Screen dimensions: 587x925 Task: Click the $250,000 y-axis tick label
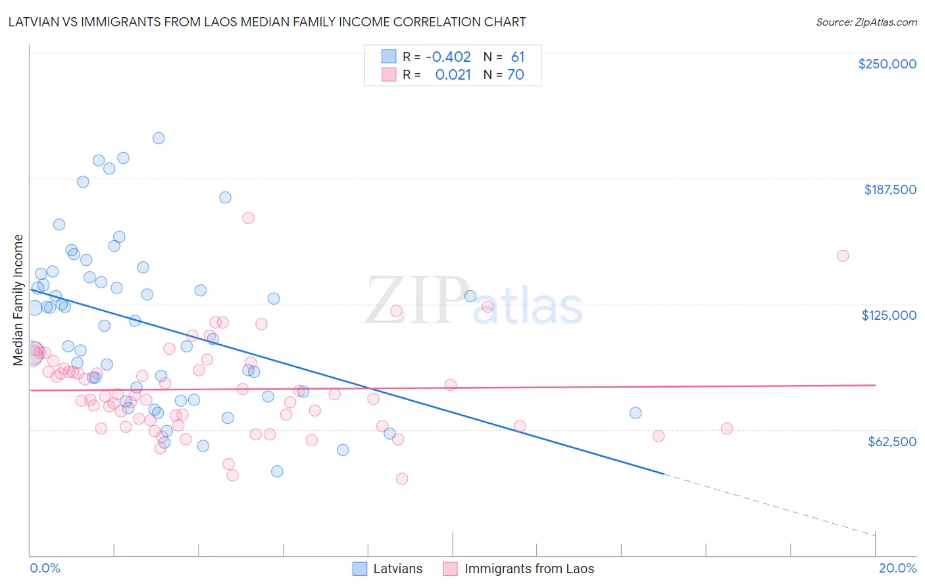coord(887,64)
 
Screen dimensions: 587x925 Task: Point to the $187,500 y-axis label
coord(889,190)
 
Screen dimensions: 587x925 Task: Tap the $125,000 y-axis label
coord(889,315)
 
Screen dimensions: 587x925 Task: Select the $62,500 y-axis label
coord(891,442)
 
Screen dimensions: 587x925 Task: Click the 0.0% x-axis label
coord(45,568)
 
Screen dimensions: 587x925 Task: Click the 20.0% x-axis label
coord(897,568)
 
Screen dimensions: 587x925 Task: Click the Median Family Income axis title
coord(18,300)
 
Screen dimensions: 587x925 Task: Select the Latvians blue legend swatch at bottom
coord(359,569)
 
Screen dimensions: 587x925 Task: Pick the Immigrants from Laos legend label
coord(529,569)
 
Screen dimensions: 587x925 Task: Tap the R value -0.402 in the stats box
coord(448,57)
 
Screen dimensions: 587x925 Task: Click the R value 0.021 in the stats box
coord(453,75)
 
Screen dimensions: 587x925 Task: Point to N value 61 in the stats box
coord(518,57)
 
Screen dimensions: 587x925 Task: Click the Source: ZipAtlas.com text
coord(866,22)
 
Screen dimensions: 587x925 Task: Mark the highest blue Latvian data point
coord(159,138)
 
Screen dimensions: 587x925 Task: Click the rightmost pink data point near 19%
coord(843,256)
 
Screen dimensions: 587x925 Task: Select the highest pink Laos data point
coord(248,218)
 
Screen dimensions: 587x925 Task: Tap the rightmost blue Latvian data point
coord(636,413)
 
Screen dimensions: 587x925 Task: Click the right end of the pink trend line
coord(875,385)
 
